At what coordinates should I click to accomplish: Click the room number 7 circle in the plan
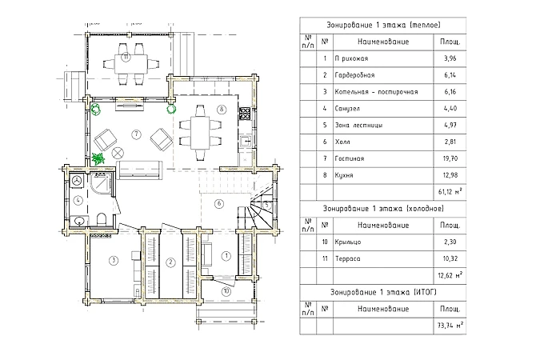(137, 134)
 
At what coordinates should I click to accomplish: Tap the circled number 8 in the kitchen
(222, 109)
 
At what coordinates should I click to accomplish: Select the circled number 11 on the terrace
(126, 57)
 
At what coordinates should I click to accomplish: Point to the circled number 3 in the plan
(114, 259)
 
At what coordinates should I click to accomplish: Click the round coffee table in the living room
(118, 153)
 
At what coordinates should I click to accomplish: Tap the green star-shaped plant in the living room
(99, 158)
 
